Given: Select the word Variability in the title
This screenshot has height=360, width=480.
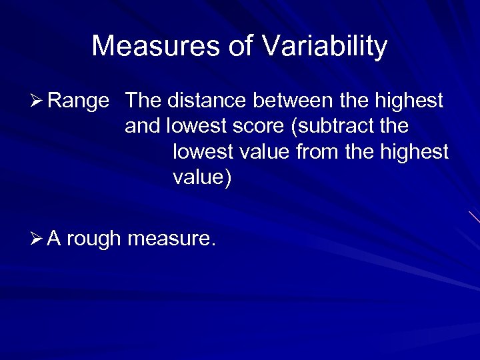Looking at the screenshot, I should click(x=325, y=47).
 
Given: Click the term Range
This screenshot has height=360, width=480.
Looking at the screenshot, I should click(x=78, y=101).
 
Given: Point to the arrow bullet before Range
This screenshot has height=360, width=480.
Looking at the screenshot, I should click(x=37, y=101).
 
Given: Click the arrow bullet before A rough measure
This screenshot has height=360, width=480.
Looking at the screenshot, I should click(x=37, y=237).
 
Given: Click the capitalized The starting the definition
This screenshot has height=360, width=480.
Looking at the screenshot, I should click(x=143, y=101).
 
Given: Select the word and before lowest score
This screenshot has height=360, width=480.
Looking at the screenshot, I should click(x=143, y=127).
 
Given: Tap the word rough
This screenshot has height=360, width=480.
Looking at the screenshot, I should click(x=93, y=238).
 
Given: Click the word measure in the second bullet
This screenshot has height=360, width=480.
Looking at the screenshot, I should click(x=170, y=238).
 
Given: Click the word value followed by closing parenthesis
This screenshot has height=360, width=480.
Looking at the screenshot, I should click(x=199, y=178).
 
